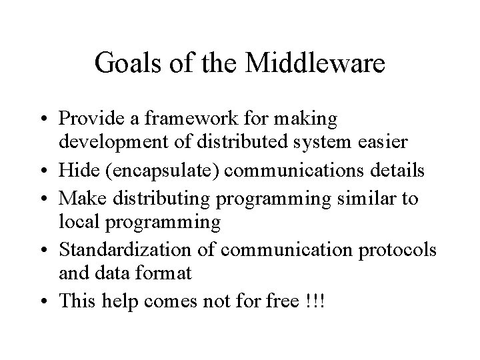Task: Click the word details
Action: pyautogui.click(x=398, y=170)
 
